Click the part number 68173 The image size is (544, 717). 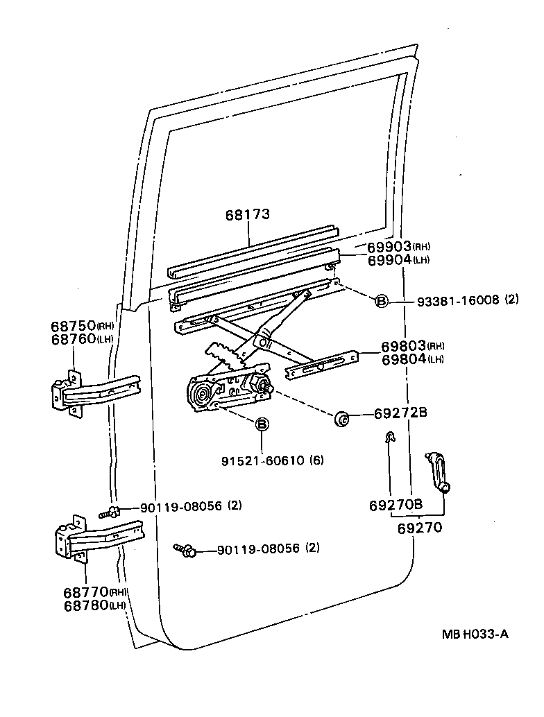tap(247, 215)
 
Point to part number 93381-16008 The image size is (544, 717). tap(458, 300)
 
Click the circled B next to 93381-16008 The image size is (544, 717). tap(382, 301)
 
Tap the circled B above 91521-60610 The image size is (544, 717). tap(262, 424)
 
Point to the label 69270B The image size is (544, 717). tap(396, 505)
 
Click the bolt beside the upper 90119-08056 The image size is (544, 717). tap(110, 512)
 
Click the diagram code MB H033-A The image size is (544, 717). tap(476, 633)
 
